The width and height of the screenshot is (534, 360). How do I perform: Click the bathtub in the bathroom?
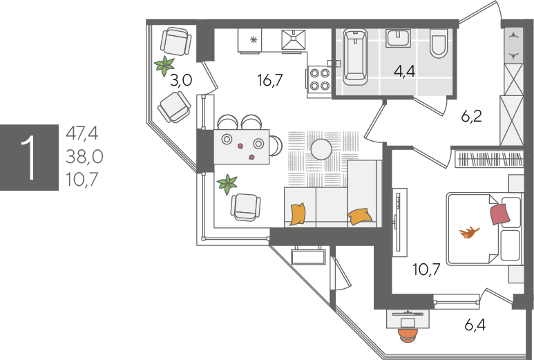coord(355,57)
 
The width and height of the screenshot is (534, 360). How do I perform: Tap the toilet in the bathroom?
coord(439,44)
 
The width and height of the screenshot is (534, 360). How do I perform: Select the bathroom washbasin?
coord(398,38)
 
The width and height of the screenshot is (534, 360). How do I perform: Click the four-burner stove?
coord(319,79)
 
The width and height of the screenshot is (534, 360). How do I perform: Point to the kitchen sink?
coord(293,40)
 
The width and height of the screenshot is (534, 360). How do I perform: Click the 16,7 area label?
coord(270,80)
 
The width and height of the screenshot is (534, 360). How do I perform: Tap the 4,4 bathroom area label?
coord(404,72)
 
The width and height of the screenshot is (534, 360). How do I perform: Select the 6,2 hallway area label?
coord(471,117)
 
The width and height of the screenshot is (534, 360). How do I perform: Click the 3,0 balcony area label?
coord(181,81)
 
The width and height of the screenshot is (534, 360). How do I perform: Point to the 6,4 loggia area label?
coord(475,325)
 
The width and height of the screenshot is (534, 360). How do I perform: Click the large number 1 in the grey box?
coord(28,158)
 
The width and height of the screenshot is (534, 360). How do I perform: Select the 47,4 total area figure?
coord(82,133)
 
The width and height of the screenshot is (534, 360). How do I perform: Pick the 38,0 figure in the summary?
coord(84,157)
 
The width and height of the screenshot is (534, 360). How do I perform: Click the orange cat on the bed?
coord(469,233)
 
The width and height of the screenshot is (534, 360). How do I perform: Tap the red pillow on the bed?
coord(500,214)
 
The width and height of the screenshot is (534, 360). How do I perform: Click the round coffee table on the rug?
coord(321,149)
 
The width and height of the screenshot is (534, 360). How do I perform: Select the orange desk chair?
coord(408,334)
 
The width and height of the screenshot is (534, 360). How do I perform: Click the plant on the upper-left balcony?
coord(164,66)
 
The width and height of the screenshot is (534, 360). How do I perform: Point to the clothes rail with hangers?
coord(489,159)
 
